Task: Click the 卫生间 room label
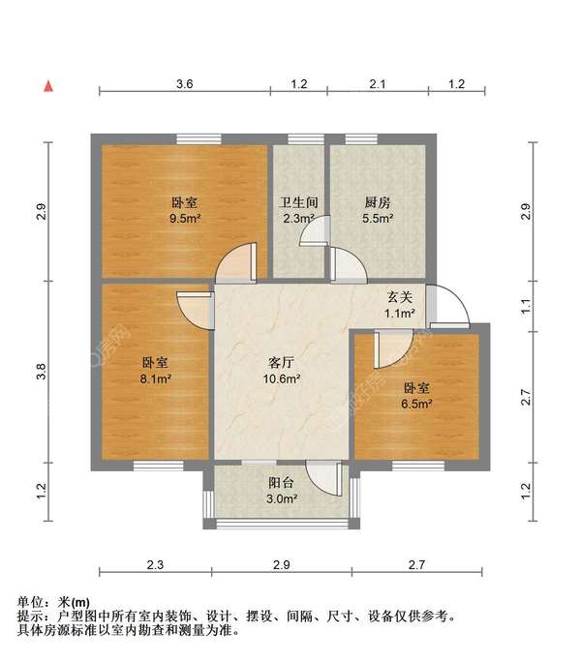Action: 299,203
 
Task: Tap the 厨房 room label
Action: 378,203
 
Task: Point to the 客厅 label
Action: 282,362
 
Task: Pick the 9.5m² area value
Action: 185,219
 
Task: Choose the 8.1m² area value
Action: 156,378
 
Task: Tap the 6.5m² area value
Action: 417,403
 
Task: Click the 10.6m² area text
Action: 282,377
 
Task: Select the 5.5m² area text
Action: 378,219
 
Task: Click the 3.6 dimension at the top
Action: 184,85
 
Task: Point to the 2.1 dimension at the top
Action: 378,85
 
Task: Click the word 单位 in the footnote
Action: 31,601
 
